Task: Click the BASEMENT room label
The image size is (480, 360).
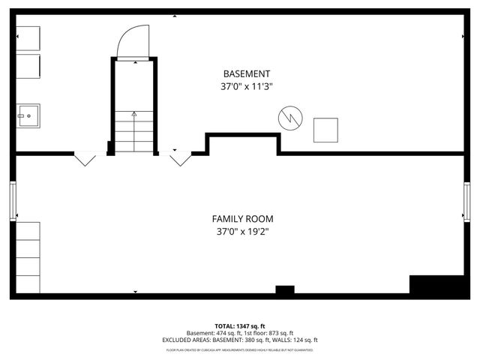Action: [x=247, y=73]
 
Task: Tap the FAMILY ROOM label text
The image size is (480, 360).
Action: [x=242, y=219]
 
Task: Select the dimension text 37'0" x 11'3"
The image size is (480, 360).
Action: [x=247, y=86]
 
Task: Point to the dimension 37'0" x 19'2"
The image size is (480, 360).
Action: [x=242, y=232]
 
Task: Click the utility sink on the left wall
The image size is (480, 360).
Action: [x=28, y=115]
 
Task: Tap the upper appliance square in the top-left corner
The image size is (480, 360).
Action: [x=28, y=38]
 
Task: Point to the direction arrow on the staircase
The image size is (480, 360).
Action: [x=134, y=116]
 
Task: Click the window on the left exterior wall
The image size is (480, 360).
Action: [x=13, y=201]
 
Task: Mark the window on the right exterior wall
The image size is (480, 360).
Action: [x=467, y=201]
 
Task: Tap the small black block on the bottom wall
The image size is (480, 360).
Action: [x=285, y=290]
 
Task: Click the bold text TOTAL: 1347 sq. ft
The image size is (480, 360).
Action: [x=240, y=326]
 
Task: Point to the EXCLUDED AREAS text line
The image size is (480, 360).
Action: [x=240, y=340]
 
